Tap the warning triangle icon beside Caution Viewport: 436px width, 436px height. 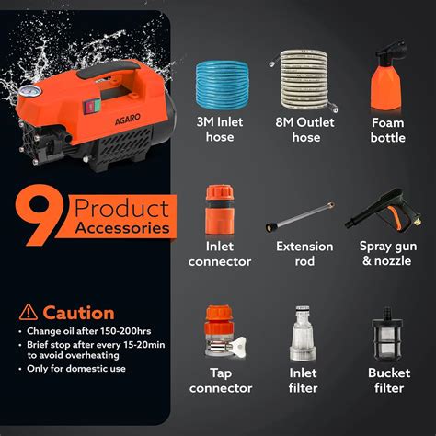coord(28,313)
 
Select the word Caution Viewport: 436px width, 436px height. coord(79,313)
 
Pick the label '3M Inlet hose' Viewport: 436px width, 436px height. coord(213,130)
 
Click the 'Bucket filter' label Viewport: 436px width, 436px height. coord(388,381)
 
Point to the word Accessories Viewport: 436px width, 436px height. coord(123,228)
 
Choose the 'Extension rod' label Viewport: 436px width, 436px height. coord(302,253)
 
